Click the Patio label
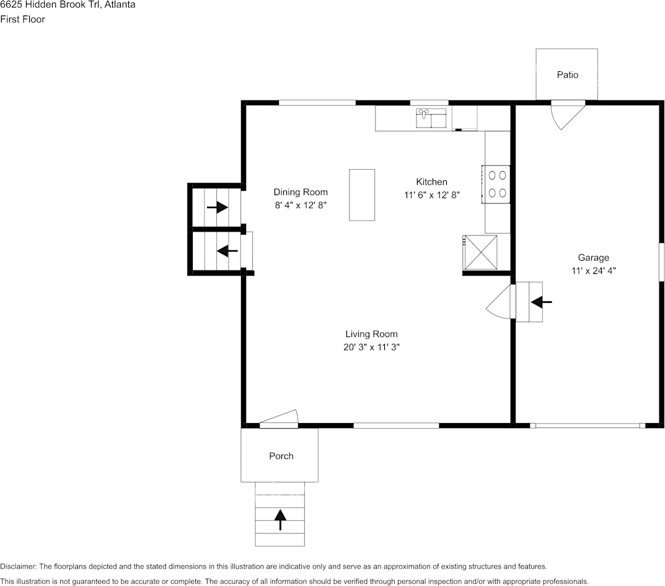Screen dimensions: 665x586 point(568,74)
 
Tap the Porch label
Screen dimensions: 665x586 point(281,456)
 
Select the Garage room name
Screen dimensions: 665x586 point(593,258)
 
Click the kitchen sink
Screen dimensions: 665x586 point(431,118)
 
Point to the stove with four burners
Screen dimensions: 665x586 point(496,184)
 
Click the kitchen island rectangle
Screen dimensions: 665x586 point(362,195)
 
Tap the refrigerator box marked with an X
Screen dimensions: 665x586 point(480,252)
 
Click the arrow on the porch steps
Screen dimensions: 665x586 point(280,520)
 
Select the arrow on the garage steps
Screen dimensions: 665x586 point(541,302)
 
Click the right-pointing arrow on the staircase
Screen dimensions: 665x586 point(217,208)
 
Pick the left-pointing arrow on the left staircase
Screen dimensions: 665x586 point(227,251)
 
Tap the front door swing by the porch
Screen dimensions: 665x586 point(279,418)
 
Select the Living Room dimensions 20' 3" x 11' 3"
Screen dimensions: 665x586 point(371,348)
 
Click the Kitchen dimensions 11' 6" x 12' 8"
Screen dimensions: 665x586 point(432,195)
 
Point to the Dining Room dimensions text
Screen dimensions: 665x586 point(300,205)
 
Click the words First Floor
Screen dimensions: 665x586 point(22,19)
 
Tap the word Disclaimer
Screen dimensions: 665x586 point(19,567)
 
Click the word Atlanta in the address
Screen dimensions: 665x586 point(120,5)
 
